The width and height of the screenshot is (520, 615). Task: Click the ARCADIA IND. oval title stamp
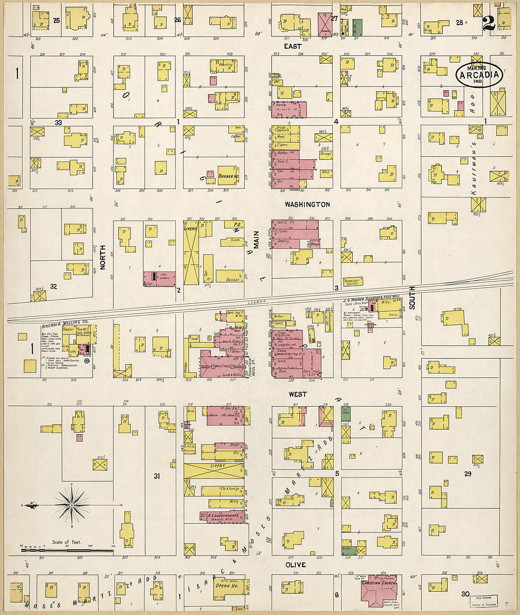(479, 75)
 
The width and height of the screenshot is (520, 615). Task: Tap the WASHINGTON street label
(307, 205)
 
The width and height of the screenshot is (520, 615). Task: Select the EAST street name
(293, 46)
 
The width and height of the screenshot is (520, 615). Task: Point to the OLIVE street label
(295, 565)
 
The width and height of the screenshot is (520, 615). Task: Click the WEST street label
(298, 394)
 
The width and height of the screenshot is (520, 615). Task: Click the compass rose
(71, 505)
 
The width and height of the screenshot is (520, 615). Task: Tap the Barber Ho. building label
(227, 176)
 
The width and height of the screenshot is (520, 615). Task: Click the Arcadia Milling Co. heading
(65, 326)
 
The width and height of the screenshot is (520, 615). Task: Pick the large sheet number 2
(489, 23)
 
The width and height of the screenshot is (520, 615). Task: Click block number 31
(156, 476)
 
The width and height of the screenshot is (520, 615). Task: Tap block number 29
(468, 474)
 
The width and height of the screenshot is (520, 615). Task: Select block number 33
(58, 122)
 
